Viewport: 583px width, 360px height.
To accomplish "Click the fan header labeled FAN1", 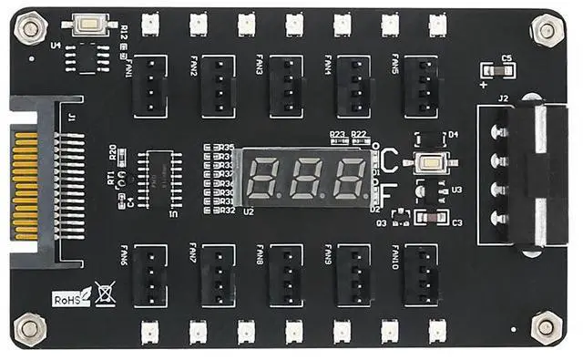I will [x=149, y=86].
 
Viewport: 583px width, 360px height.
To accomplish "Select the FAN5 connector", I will [x=421, y=86].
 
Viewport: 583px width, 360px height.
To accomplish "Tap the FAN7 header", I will [x=218, y=274].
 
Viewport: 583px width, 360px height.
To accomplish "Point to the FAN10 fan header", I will [x=421, y=274].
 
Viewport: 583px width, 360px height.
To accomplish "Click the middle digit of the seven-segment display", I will [x=307, y=178].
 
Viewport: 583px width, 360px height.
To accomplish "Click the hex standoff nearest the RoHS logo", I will [x=29, y=326].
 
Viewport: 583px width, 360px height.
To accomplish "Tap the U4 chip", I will [x=88, y=57].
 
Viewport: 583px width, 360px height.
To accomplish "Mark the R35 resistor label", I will [x=228, y=147].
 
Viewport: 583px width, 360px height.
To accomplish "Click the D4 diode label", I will [x=453, y=134].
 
